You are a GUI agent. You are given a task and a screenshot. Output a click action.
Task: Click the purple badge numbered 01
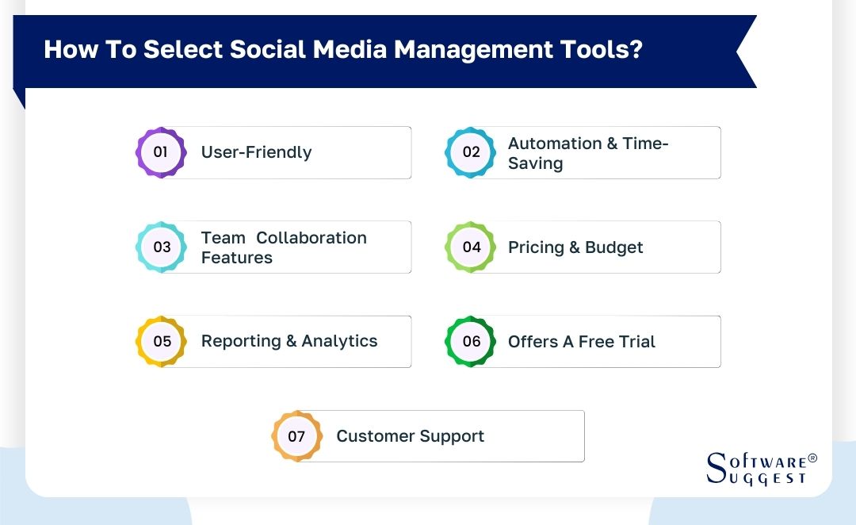pos(161,151)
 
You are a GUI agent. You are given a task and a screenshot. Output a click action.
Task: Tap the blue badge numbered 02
pos(471,151)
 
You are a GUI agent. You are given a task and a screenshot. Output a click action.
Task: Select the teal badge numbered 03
pos(161,247)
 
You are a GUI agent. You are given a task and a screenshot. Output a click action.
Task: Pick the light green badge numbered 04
pos(471,247)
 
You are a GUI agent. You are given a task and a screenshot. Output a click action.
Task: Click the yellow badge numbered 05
pos(161,341)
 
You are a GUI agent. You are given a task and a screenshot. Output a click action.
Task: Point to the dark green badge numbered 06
pos(471,341)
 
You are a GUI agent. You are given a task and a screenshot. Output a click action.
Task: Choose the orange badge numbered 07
pos(296,436)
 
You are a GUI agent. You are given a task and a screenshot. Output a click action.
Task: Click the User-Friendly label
pos(256,152)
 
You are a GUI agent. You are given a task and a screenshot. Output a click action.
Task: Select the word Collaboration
pos(311,238)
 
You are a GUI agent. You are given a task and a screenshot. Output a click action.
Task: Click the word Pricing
pos(536,247)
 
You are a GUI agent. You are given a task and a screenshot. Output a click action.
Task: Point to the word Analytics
pos(339,341)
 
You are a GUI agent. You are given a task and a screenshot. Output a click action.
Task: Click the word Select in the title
pos(183,50)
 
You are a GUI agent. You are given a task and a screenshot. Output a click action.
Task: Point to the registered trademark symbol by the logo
pos(812,458)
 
